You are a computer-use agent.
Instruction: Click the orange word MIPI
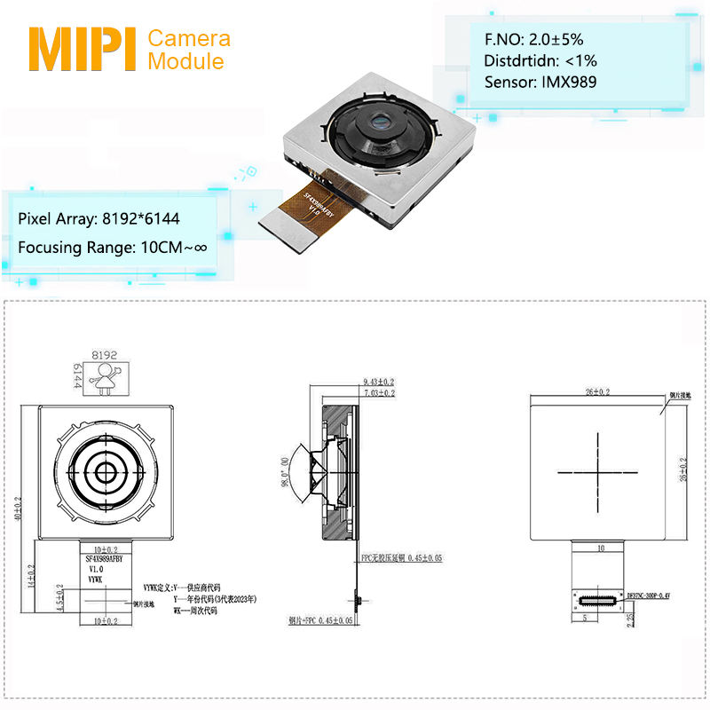click(x=83, y=50)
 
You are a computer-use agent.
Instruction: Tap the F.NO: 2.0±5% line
click(x=533, y=39)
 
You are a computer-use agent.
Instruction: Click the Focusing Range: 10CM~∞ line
click(x=113, y=247)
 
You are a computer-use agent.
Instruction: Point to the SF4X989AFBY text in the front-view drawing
click(x=106, y=560)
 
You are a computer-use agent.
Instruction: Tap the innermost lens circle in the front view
click(x=106, y=470)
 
